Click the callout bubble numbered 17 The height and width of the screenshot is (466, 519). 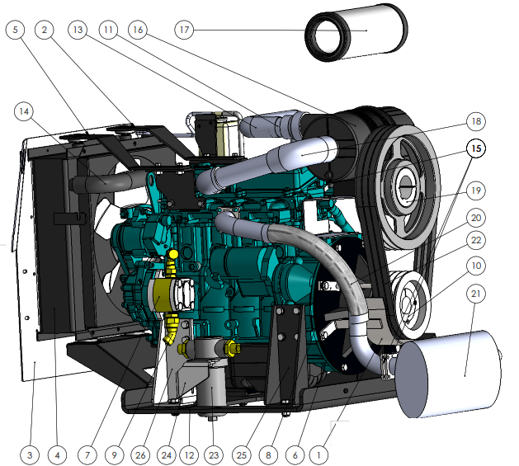pos(184,30)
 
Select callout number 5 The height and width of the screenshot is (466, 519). pos(15,30)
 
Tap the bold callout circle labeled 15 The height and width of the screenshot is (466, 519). pos(476,148)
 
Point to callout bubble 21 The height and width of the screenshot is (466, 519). pos(475,294)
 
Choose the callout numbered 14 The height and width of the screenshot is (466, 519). pos(24,111)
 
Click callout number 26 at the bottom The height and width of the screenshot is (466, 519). pos(140,455)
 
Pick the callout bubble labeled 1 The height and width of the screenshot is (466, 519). pos(318,455)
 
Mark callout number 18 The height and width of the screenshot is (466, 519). pos(476,121)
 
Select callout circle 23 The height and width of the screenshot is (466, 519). pos(214,455)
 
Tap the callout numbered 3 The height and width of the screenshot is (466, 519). pos(30,455)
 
